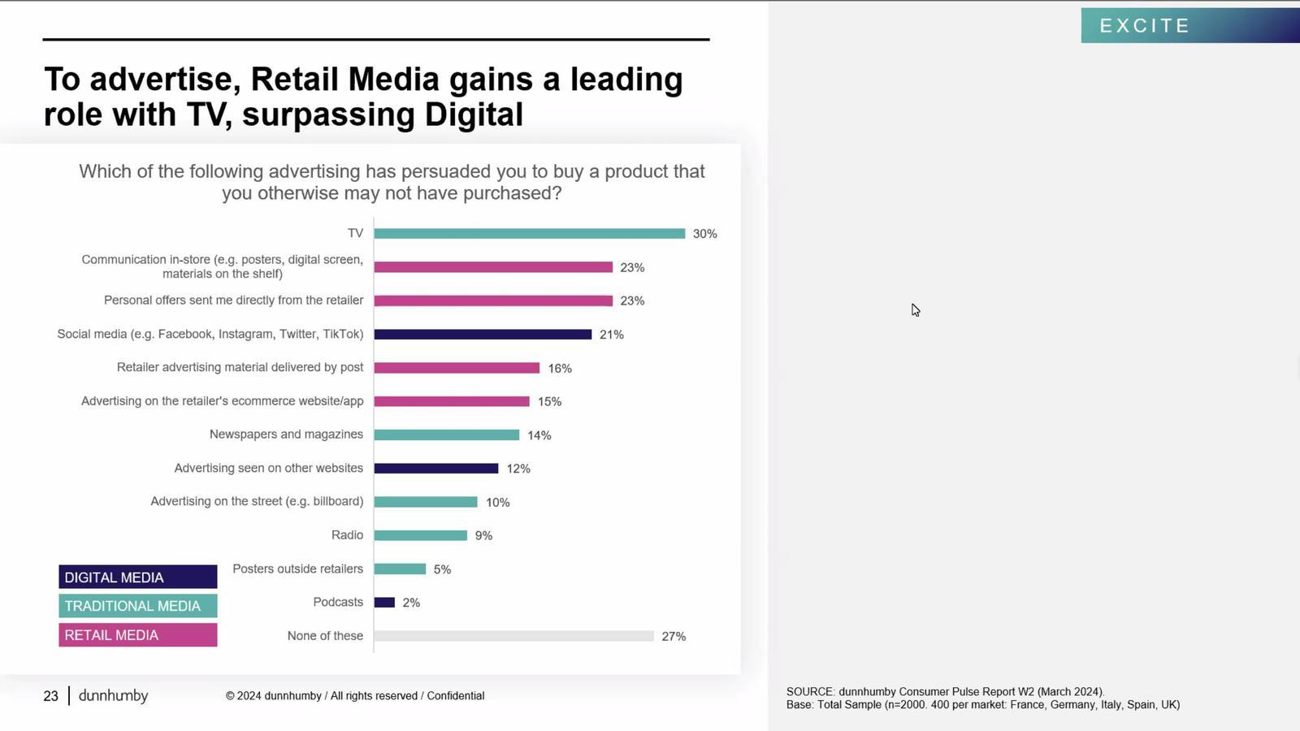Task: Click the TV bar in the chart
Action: pyautogui.click(x=529, y=234)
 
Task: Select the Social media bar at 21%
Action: pyautogui.click(x=483, y=335)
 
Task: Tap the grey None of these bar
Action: pyautogui.click(x=513, y=636)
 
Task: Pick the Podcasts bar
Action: pyautogui.click(x=384, y=603)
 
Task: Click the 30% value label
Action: pyautogui.click(x=704, y=234)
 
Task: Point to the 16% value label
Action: pyautogui.click(x=560, y=369)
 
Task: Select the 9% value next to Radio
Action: pyautogui.click(x=483, y=536)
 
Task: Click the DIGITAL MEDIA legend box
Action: pyautogui.click(x=137, y=577)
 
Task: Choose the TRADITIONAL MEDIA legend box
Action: pyautogui.click(x=137, y=606)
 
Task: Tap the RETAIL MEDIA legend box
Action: pyautogui.click(x=137, y=635)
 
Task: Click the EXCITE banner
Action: pyautogui.click(x=1189, y=26)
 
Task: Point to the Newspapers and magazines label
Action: pyautogui.click(x=286, y=435)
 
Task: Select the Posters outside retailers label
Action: pyautogui.click(x=297, y=569)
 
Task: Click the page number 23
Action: pyautogui.click(x=50, y=696)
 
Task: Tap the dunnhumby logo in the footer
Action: pyautogui.click(x=113, y=696)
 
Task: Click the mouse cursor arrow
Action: pyautogui.click(x=915, y=309)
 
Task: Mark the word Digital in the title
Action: pyautogui.click(x=474, y=115)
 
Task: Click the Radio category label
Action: pyautogui.click(x=347, y=535)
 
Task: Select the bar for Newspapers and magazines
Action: pyautogui.click(x=446, y=435)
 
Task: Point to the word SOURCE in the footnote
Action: pyautogui.click(x=809, y=692)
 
